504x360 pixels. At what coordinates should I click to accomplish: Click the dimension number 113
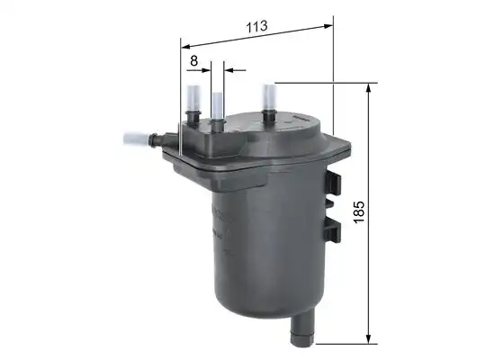coord(256,26)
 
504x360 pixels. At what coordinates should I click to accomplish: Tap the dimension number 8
coord(193,60)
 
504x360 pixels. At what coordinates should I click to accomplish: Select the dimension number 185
coord(359,211)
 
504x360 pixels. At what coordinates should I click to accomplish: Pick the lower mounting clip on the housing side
coord(333,230)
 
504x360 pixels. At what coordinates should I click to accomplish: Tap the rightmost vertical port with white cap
coord(269,97)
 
